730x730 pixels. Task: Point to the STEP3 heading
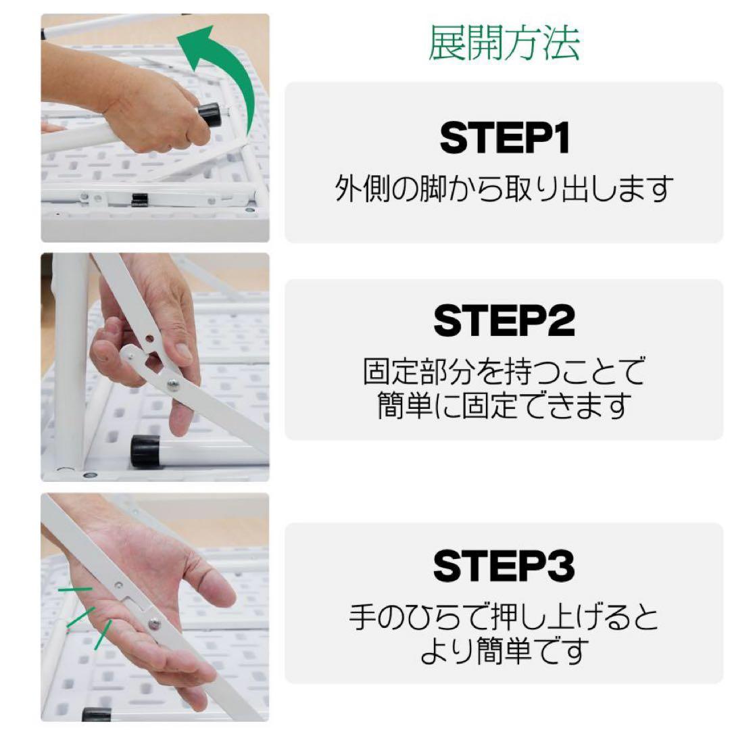[504, 566]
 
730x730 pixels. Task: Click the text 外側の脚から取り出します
[504, 190]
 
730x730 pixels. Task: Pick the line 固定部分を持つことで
[504, 371]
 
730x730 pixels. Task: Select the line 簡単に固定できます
[504, 406]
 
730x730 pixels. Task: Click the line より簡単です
[504, 652]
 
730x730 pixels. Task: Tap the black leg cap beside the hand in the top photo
[210, 115]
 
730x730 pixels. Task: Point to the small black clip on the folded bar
[140, 199]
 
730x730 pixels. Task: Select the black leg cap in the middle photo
[145, 451]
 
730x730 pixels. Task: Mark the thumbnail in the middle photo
[183, 351]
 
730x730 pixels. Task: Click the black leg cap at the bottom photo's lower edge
[96, 714]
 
